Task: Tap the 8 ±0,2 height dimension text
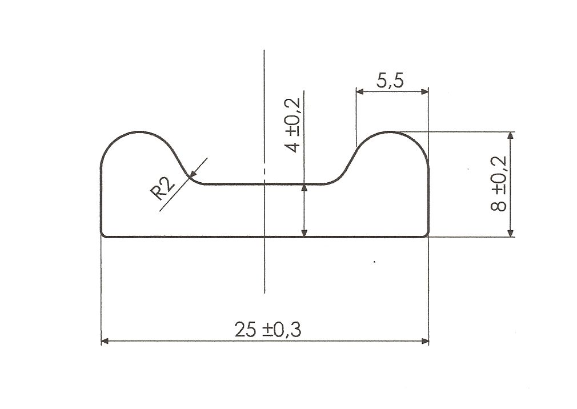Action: [x=499, y=183]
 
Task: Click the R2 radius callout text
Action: [x=163, y=189]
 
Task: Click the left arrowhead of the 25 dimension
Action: [x=105, y=341]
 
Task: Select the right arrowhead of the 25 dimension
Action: [x=425, y=341]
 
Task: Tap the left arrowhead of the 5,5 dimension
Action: [x=360, y=91]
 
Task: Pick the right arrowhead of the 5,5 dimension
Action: [x=424, y=91]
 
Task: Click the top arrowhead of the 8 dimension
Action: [x=510, y=135]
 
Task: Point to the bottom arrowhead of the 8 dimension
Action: [x=510, y=233]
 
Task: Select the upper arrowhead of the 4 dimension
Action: [x=304, y=188]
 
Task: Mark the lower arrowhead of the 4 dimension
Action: [x=304, y=232]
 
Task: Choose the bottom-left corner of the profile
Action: [x=102, y=235]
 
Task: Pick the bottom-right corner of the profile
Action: [x=427, y=235]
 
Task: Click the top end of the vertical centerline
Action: [x=264, y=50]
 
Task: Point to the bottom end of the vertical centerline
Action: [x=264, y=292]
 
